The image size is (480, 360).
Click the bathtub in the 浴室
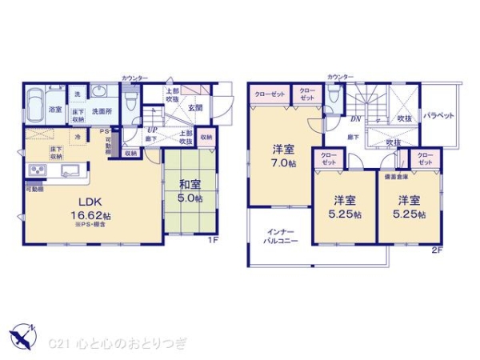35,105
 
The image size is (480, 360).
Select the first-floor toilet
133,113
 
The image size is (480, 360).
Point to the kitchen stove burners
38,170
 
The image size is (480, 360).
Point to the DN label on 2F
354,118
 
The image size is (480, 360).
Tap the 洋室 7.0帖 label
282,155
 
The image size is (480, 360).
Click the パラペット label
438,115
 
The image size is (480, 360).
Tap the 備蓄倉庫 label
395,176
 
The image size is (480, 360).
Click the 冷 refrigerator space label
78,137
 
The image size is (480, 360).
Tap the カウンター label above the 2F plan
339,77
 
